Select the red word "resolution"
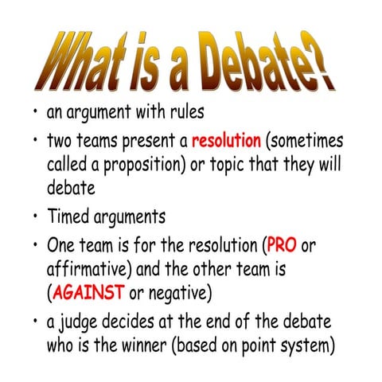click(226, 142)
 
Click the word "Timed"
click(70, 216)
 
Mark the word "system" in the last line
click(310, 345)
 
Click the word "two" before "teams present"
click(63, 142)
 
